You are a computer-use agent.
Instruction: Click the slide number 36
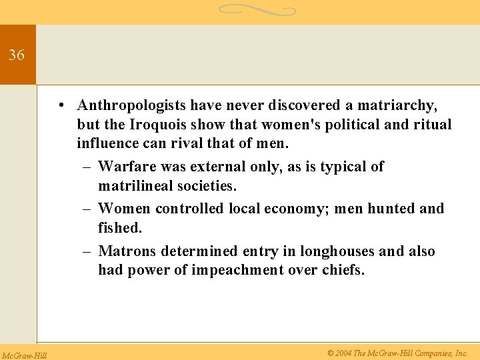(x=17, y=55)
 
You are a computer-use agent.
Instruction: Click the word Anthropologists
(x=132, y=105)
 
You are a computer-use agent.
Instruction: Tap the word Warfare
(x=125, y=167)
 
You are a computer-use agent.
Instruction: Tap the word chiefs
(x=342, y=270)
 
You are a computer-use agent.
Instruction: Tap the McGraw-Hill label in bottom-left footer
(x=24, y=355)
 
